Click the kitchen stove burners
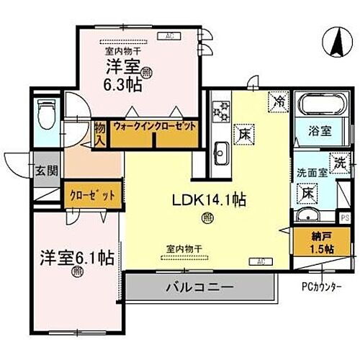221,112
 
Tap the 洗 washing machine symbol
338,163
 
